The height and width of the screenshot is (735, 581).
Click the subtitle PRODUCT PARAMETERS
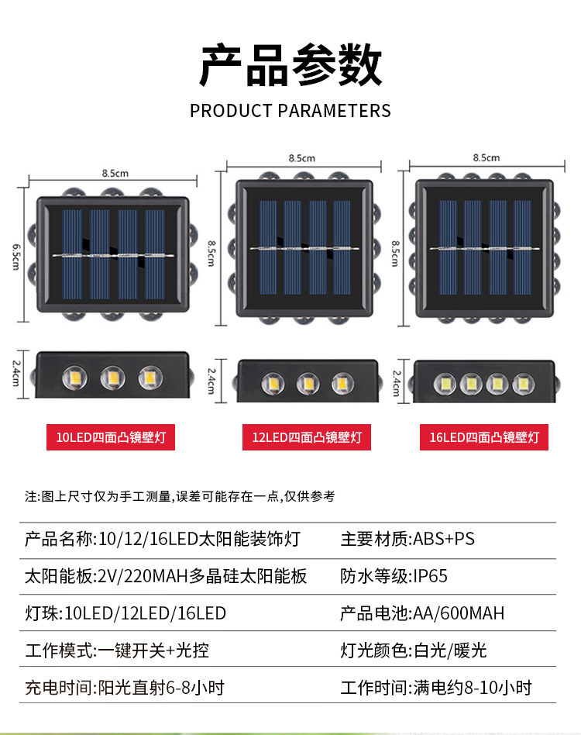pyautogui.click(x=290, y=110)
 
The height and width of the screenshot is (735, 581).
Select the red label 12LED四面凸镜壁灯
pyautogui.click(x=307, y=437)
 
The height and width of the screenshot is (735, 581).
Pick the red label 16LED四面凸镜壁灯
pyautogui.click(x=483, y=437)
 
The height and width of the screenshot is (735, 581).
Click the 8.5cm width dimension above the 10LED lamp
pyautogui.click(x=115, y=173)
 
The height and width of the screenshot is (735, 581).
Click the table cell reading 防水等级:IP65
pyautogui.click(x=394, y=576)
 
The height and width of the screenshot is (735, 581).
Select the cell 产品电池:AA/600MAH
pyautogui.click(x=422, y=613)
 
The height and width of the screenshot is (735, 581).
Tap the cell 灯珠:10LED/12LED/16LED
pyautogui.click(x=125, y=613)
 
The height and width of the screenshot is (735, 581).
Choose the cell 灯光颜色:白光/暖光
pyautogui.click(x=414, y=650)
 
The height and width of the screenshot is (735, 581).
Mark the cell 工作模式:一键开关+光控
pyautogui.click(x=117, y=650)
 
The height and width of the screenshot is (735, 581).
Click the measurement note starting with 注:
pyautogui.click(x=180, y=495)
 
